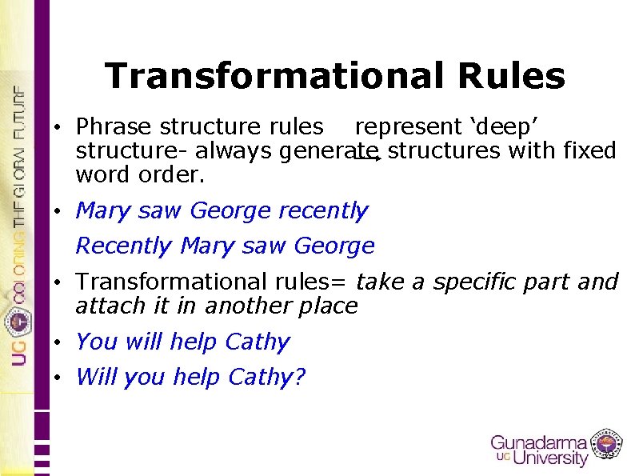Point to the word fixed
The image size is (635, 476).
[589, 150]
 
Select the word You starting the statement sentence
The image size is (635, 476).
[96, 342]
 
